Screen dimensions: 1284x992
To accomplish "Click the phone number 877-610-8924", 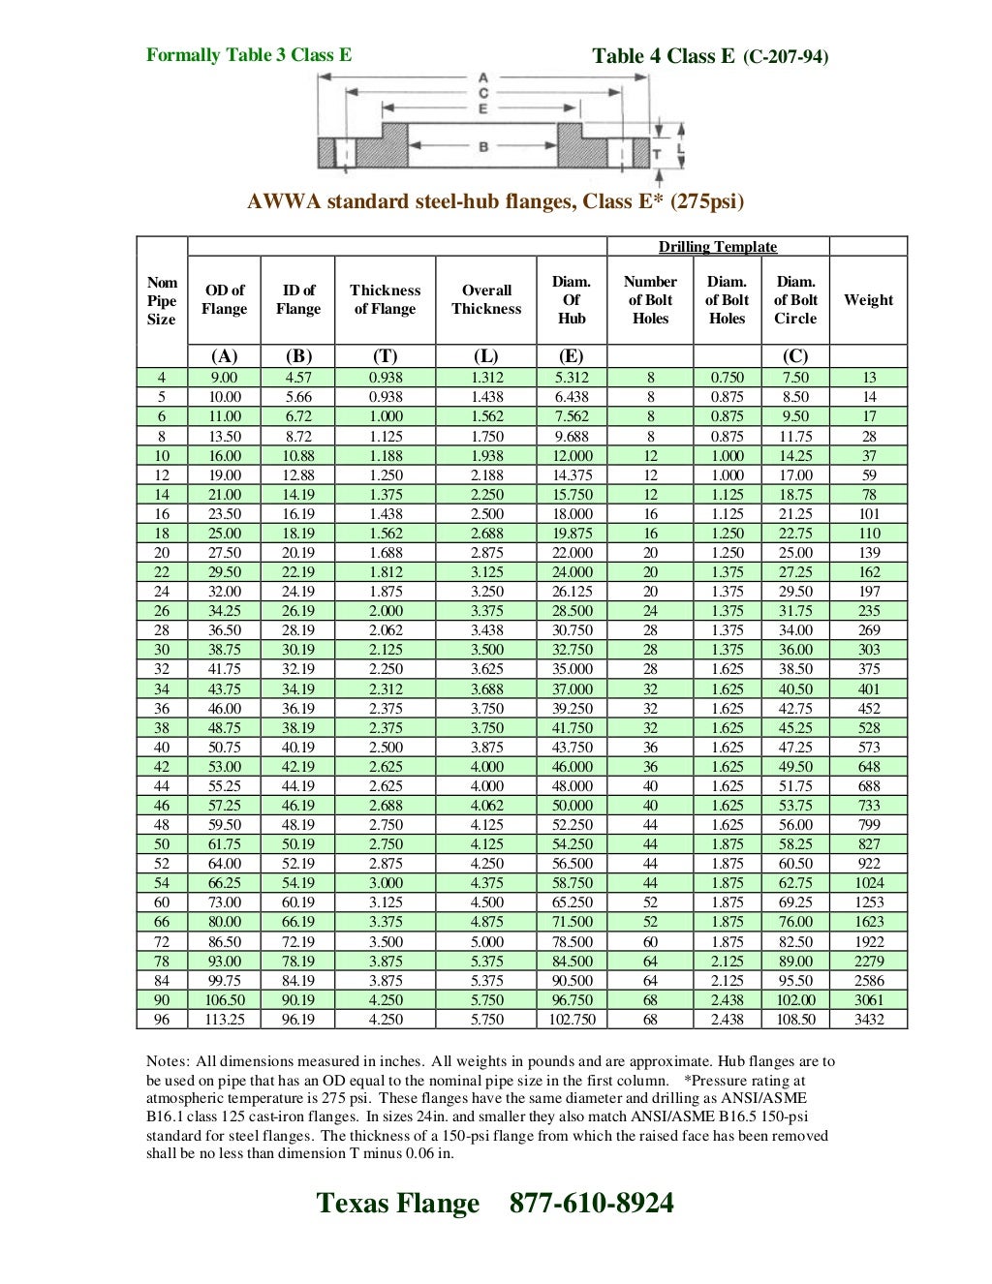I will coord(591,1203).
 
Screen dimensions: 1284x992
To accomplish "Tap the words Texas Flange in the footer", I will coord(397,1203).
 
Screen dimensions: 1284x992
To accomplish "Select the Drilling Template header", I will coord(718,247).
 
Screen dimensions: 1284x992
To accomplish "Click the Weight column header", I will coord(868,300).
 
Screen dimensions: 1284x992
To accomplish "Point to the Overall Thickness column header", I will coord(486,299).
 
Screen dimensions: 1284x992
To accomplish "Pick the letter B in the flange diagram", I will coord(482,146).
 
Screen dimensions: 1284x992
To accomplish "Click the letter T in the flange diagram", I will coord(656,154).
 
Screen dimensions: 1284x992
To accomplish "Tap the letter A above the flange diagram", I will coord(482,77).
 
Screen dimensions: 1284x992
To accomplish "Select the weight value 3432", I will coord(868,1020).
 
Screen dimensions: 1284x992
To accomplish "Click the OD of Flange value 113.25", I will coord(225,1020).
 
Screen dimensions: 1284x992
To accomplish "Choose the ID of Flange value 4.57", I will coord(298,378).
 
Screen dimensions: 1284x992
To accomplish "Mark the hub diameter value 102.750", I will coord(572,1020).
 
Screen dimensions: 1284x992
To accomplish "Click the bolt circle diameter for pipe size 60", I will coord(795,902).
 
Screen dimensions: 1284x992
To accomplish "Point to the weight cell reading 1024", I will coord(868,883).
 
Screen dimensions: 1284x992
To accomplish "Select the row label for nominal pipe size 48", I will coord(162,825).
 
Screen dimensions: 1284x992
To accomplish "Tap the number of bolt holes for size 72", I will coord(650,942).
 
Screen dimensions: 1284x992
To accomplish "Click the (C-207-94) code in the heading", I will coord(786,57).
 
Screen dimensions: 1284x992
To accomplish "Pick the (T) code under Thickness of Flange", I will coord(385,356).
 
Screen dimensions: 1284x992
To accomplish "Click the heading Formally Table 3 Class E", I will coord(249,55).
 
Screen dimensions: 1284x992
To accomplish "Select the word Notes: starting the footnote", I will coord(168,1061).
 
